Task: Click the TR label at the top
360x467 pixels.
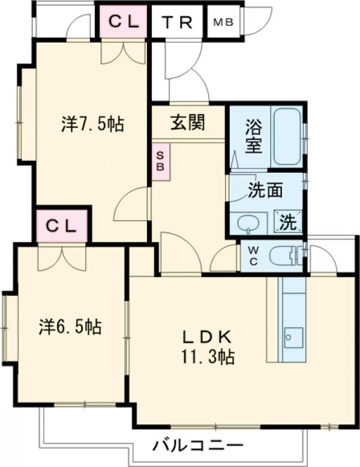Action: [x=177, y=22]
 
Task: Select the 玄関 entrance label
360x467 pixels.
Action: [x=188, y=122]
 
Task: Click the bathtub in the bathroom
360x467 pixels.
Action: [x=287, y=137]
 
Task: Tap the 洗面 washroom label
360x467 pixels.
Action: [x=265, y=190]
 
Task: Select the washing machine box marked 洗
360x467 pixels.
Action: [x=289, y=223]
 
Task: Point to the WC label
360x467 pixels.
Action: [x=252, y=256]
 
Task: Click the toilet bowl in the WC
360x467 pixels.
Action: [x=283, y=257]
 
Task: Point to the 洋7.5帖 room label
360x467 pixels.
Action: [x=92, y=124]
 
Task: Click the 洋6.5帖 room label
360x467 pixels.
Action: [x=70, y=327]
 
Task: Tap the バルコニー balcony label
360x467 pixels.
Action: [x=197, y=446]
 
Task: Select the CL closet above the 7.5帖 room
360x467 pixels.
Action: [x=124, y=23]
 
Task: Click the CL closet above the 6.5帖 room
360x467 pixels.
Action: [x=62, y=226]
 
